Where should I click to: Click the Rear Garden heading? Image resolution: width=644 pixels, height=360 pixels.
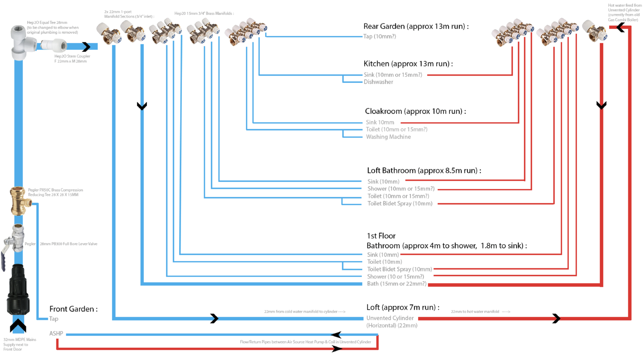pos(416,27)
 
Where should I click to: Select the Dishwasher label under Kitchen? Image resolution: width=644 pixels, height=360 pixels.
pos(378,82)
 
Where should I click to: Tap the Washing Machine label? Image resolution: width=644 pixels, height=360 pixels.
pos(388,137)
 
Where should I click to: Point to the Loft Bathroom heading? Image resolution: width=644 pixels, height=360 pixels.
pos(424,171)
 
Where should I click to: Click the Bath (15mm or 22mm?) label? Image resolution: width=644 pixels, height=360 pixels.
pos(396,284)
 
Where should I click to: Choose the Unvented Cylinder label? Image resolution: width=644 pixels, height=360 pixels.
pos(390,318)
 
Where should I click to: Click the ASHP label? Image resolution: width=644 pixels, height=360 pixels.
pos(56,333)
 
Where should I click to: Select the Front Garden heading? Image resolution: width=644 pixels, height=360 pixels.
pos(73,309)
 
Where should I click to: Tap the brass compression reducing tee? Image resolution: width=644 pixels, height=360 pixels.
pos(19,200)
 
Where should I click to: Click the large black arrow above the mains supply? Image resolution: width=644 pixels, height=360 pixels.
pos(18,326)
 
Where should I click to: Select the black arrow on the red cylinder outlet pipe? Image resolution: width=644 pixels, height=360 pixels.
pos(556,319)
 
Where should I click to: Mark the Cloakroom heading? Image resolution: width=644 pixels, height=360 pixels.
pos(415,111)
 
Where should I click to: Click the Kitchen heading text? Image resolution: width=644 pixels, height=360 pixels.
pos(408,64)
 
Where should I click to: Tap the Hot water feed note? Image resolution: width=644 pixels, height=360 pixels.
pos(624,12)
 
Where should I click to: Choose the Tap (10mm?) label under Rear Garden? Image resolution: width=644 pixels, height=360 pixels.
pos(380,37)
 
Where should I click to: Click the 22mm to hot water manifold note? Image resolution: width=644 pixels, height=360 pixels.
pos(480,312)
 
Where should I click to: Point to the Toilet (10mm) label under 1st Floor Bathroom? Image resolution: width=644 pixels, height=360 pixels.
pos(384,262)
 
